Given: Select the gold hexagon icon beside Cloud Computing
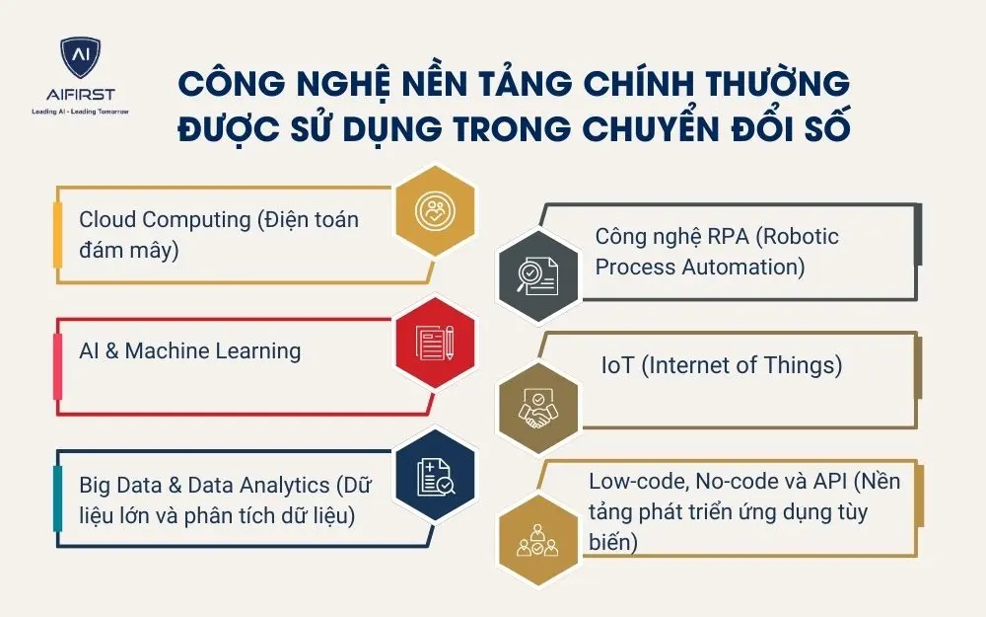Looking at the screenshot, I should coord(435,210).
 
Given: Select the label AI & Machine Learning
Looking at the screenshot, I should coord(189,350).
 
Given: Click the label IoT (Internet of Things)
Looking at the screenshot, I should coord(721,365).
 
